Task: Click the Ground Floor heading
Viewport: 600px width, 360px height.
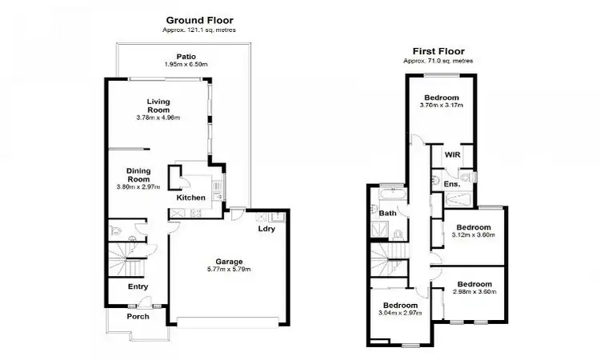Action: pos(200,19)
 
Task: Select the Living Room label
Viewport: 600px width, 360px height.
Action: pos(158,105)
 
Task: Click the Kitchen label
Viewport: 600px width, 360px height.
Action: pos(191,198)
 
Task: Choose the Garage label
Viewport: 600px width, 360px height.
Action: pos(228,260)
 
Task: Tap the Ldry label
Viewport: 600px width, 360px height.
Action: pos(266,229)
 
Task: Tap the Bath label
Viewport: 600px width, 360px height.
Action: pos(388,213)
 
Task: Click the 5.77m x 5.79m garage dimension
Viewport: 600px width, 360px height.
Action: pos(228,269)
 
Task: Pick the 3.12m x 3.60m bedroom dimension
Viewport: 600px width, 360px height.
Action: pos(474,235)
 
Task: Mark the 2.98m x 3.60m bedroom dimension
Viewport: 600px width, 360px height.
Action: pos(474,292)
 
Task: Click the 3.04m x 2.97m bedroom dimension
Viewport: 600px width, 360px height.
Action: pos(398,314)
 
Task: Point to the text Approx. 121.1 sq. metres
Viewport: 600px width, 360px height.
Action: pos(200,30)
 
